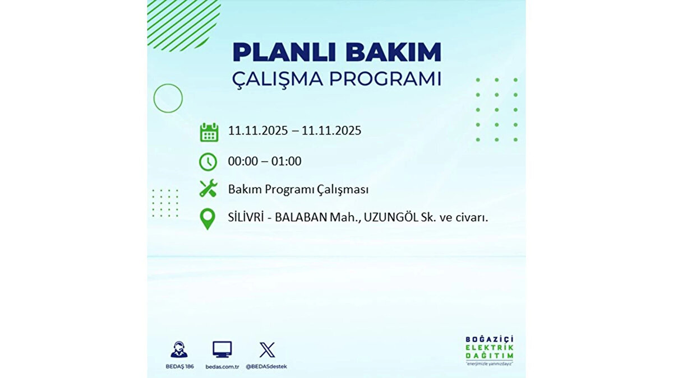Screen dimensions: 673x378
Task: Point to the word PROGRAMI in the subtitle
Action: coord(385,79)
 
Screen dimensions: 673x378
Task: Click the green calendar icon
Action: coord(209,132)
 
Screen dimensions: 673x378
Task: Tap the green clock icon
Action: coord(208,162)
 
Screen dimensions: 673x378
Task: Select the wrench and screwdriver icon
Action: coord(208,188)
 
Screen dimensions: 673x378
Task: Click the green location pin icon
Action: coord(208,219)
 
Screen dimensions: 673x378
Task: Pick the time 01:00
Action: coord(287,161)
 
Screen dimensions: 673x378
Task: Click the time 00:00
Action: coord(243,161)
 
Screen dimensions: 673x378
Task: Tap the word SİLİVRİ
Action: coord(246,217)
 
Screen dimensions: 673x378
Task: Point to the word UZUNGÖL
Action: coord(391,217)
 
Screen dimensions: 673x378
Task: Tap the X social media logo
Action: coord(267,350)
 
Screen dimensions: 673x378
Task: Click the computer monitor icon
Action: coord(222,349)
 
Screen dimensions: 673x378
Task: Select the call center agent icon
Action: coord(179,349)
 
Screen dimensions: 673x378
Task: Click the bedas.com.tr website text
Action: coord(222,367)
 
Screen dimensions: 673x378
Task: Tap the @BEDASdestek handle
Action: coord(266,367)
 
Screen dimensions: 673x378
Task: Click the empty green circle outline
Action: coord(154,99)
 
